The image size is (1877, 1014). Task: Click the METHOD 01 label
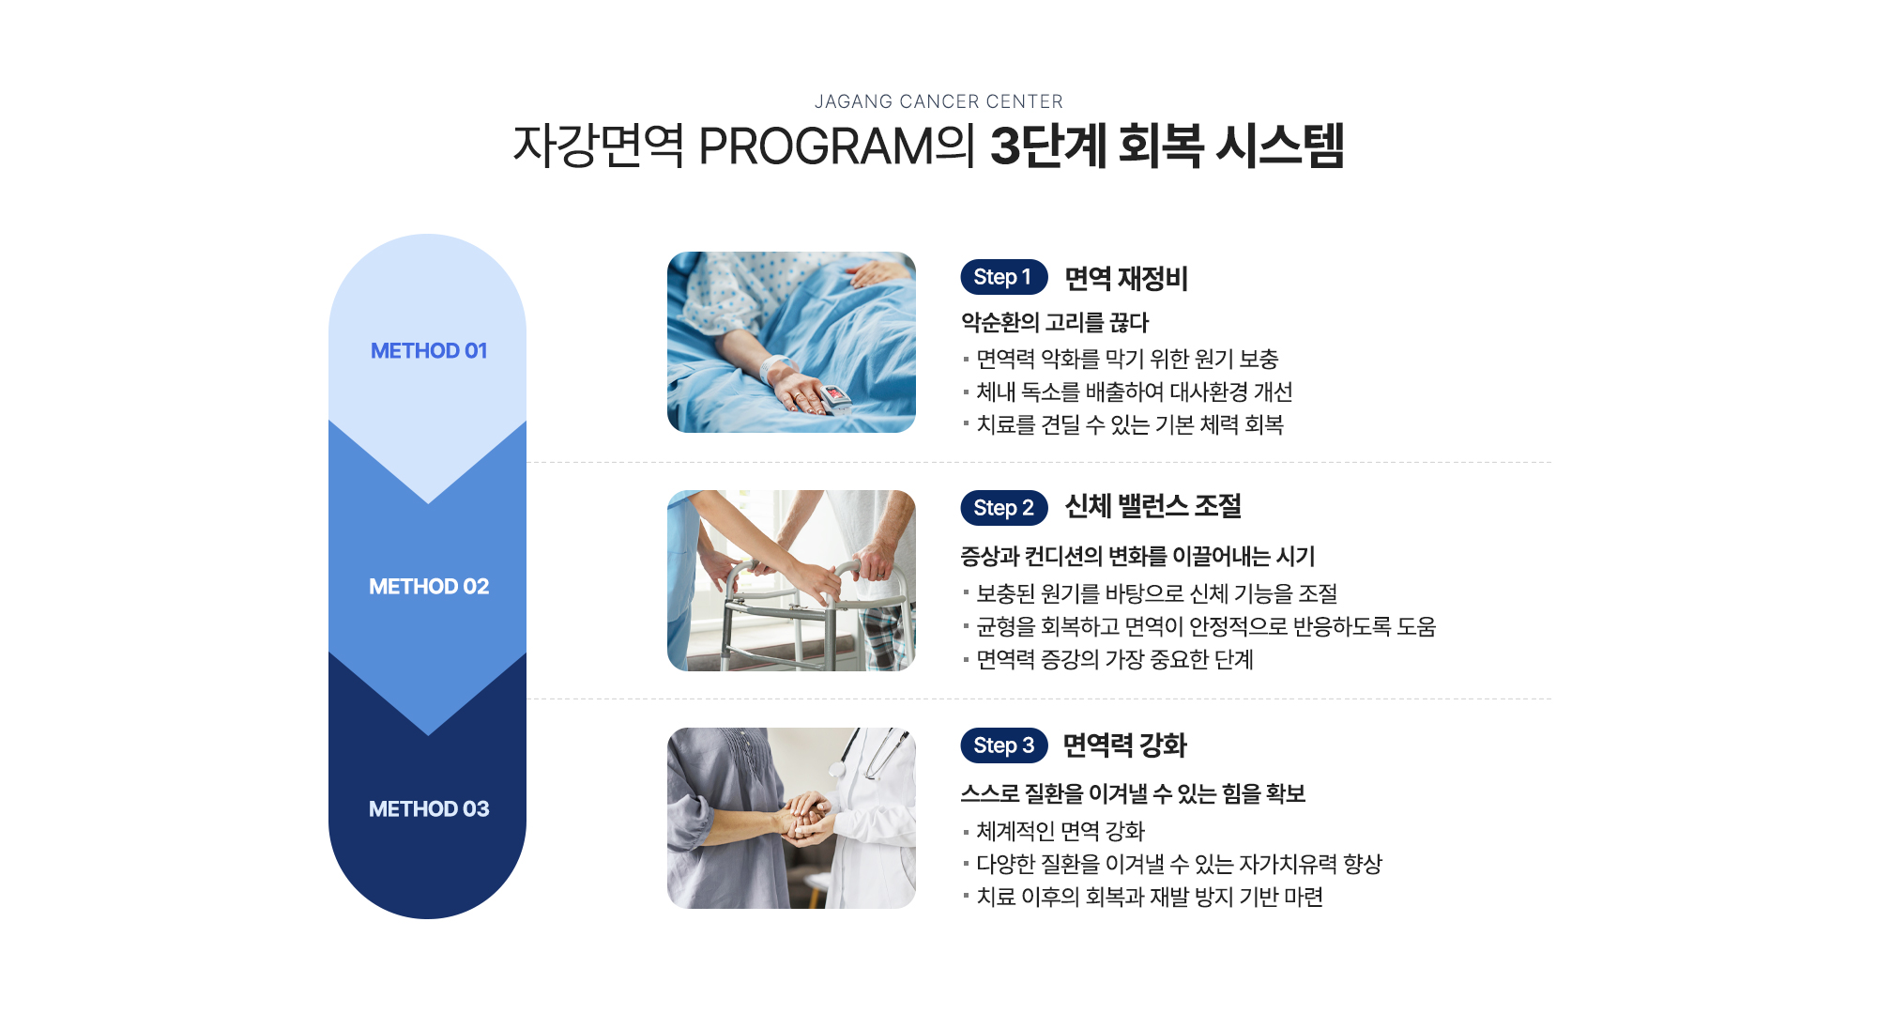pyautogui.click(x=429, y=350)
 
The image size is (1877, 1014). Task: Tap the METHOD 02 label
pyautogui.click(x=429, y=586)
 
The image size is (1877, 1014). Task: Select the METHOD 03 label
pyautogui.click(x=429, y=808)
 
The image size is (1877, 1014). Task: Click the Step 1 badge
pyautogui.click(x=1003, y=277)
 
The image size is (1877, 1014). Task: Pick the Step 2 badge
pyautogui.click(x=1003, y=508)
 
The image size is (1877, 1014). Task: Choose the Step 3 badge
pyautogui.click(x=1003, y=745)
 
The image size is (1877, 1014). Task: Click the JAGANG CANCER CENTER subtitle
pyautogui.click(x=938, y=101)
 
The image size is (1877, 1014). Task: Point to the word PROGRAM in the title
pyautogui.click(x=816, y=146)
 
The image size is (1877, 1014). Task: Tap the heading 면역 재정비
pyautogui.click(x=1126, y=278)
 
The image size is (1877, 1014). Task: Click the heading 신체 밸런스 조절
pyautogui.click(x=1152, y=507)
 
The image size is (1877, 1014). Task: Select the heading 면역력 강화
pyautogui.click(x=1125, y=745)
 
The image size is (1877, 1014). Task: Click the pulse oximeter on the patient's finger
pyautogui.click(x=834, y=398)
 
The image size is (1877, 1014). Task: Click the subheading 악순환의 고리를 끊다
pyautogui.click(x=1055, y=323)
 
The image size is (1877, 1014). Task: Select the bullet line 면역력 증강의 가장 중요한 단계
pyautogui.click(x=1115, y=659)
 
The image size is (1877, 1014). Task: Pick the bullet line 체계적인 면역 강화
pyautogui.click(x=1061, y=831)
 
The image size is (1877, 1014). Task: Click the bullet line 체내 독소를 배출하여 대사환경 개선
pyautogui.click(x=1135, y=392)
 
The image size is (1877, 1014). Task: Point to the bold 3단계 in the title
pyautogui.click(x=1048, y=146)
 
